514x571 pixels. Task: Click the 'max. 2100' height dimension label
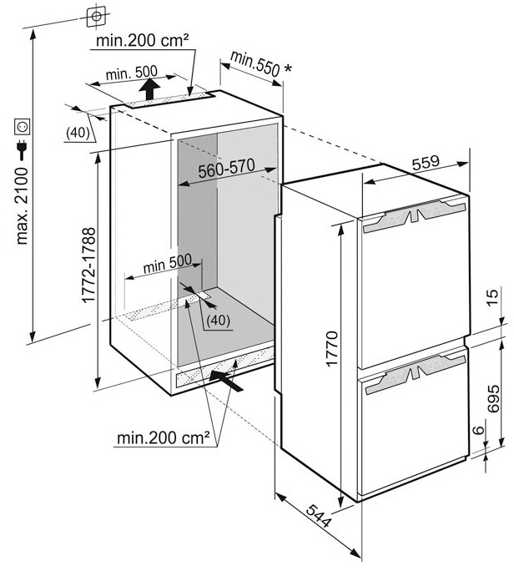click(23, 206)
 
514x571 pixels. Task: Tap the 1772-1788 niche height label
click(88, 265)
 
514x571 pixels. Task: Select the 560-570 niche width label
click(226, 169)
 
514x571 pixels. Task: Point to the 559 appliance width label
click(426, 162)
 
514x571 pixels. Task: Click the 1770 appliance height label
click(332, 348)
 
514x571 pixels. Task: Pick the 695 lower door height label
click(493, 398)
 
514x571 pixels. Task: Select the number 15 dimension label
click(491, 298)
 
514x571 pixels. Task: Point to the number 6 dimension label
click(480, 430)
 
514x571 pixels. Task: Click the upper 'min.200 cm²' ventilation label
click(143, 40)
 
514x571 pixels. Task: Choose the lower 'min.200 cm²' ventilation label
click(164, 437)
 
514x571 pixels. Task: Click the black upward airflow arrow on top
click(149, 88)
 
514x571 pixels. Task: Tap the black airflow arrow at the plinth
click(225, 381)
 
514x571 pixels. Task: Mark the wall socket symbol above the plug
click(23, 127)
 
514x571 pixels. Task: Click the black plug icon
click(23, 149)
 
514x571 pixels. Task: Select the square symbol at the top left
click(97, 17)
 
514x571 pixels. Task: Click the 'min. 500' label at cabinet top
click(131, 73)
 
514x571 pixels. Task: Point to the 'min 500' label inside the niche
click(168, 263)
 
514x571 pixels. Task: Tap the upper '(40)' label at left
click(78, 133)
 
